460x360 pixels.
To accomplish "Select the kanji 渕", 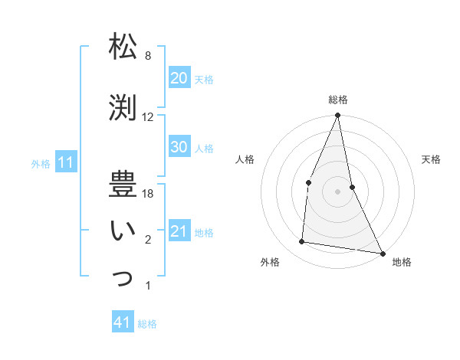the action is click(x=123, y=106).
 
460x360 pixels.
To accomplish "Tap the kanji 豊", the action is click(x=123, y=185).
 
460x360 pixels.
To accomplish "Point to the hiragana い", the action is click(x=123, y=231).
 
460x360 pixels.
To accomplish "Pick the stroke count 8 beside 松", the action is click(x=148, y=56).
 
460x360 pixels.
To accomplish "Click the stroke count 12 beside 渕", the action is click(x=148, y=117).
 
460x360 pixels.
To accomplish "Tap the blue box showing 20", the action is click(x=179, y=78).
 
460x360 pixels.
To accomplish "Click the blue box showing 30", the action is click(x=179, y=147).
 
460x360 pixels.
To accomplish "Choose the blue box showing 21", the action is click(x=179, y=231).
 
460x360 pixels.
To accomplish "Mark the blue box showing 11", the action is click(x=65, y=162).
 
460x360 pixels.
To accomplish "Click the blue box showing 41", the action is click(x=123, y=322).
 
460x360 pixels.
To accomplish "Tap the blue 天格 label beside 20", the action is click(x=204, y=79).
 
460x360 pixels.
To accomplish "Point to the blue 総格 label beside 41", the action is click(x=147, y=324).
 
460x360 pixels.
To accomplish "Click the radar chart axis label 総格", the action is click(x=338, y=100).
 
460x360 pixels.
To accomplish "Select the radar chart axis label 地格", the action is click(x=402, y=262).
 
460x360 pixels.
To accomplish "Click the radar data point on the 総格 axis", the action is click(x=337, y=116).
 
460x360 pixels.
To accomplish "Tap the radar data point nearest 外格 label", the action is click(x=302, y=242).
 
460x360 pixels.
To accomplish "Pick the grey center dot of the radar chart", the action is click(x=337, y=191).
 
